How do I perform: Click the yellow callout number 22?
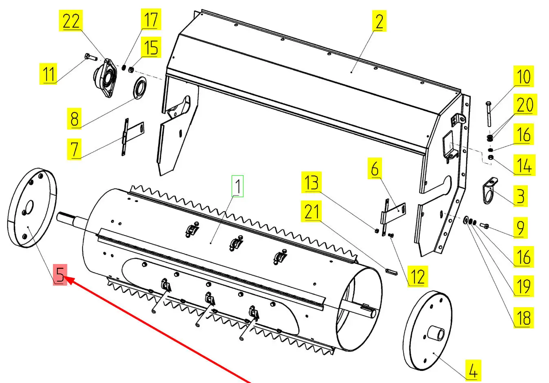tap(71, 21)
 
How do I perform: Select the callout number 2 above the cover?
tap(379, 21)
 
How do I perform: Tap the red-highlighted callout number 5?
tap(60, 275)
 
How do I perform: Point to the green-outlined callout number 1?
tap(238, 186)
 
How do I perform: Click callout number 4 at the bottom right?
tap(472, 370)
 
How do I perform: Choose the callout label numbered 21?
tap(312, 211)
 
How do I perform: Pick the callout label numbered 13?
tap(312, 182)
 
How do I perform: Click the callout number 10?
tap(523, 77)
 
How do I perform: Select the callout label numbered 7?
tap(74, 149)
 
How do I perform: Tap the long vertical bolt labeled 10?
tap(488, 114)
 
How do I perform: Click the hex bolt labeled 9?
tap(485, 225)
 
